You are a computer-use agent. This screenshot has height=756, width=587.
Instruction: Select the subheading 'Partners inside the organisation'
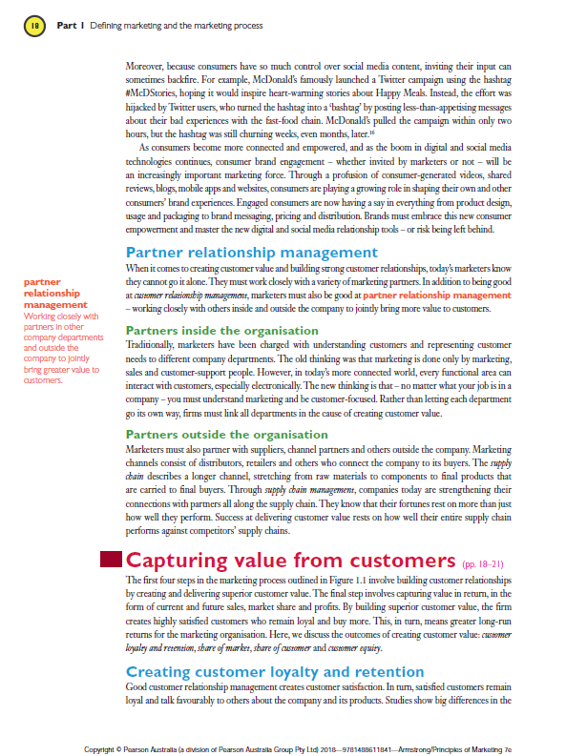pos(222,330)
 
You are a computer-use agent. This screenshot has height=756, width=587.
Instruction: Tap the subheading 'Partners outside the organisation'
pos(225,435)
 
